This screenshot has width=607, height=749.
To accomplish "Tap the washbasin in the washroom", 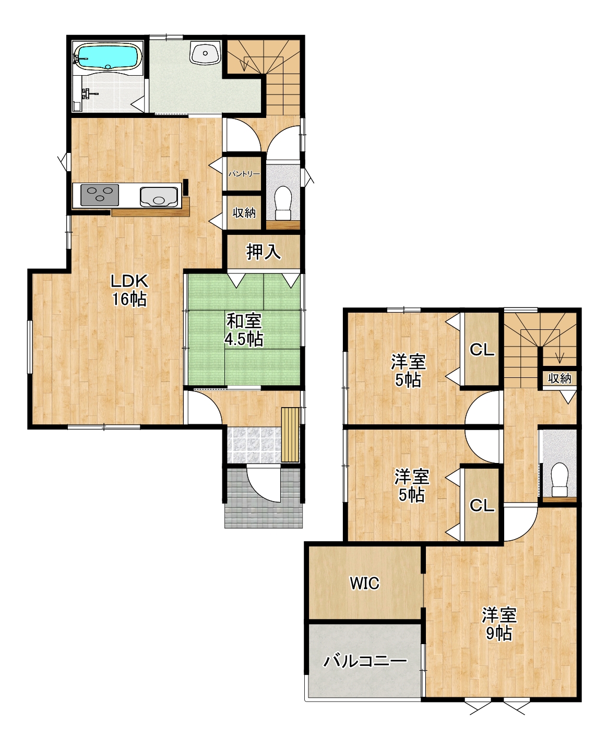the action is [205, 53].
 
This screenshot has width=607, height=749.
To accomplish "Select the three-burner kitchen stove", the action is [100, 195].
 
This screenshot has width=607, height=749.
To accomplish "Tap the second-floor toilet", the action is [559, 479].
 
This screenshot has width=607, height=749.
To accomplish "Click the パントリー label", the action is [244, 174].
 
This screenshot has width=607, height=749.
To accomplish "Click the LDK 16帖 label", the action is [129, 290].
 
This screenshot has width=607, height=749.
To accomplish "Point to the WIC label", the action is [364, 583].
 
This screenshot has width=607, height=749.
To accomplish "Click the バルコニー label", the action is [365, 661].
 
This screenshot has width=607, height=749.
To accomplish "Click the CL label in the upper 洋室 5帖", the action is [482, 350].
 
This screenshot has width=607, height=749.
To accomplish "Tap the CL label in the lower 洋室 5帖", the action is [482, 505].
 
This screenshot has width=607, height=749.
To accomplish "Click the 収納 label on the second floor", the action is [560, 378].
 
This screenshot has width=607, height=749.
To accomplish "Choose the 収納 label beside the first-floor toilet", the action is [244, 212].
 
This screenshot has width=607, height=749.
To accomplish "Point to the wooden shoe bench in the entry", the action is [290, 435].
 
